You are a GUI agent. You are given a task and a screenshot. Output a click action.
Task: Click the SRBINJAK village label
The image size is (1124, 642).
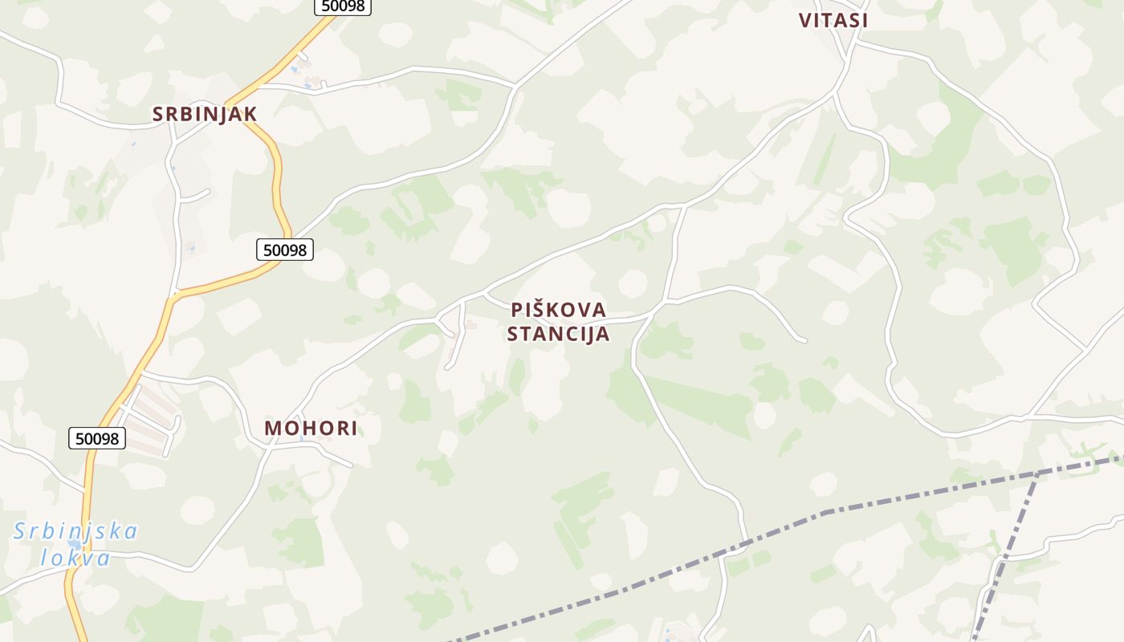click(205, 114)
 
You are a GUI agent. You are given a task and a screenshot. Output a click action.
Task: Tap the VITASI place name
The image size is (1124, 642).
click(833, 21)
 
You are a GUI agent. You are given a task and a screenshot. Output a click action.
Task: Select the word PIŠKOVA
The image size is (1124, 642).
click(559, 310)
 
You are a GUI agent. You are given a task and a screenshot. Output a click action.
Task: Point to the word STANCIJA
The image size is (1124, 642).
click(559, 334)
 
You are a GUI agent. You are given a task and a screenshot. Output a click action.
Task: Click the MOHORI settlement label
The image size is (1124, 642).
click(311, 428)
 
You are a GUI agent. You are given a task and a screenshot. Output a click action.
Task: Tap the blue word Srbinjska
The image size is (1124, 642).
click(76, 531)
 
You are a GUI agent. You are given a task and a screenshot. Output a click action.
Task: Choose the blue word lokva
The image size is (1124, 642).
click(75, 557)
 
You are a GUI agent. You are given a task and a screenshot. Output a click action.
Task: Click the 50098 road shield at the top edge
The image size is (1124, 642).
click(342, 6)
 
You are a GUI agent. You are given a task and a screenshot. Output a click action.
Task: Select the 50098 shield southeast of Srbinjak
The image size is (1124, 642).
click(285, 250)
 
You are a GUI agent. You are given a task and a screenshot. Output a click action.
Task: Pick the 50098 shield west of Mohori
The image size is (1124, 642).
click(97, 438)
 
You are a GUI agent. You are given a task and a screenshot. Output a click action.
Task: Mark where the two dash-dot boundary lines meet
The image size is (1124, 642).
click(1040, 472)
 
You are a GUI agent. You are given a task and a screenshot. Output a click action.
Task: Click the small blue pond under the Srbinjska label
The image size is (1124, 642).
click(74, 545)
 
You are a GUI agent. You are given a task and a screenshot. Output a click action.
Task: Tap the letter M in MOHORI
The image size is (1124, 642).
click(272, 428)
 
